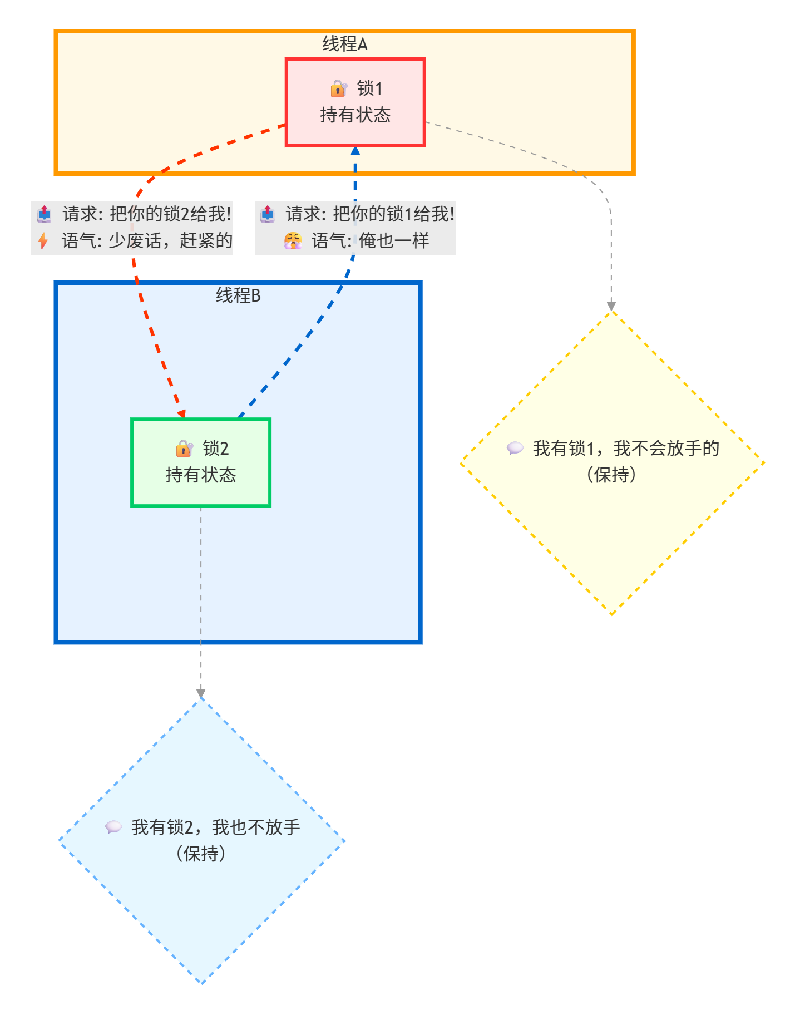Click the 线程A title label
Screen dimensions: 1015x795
[344, 44]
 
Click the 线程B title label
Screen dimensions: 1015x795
[238, 295]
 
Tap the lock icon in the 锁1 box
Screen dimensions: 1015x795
[339, 88]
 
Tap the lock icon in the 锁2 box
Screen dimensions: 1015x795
[184, 449]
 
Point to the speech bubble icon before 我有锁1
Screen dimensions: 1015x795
[515, 448]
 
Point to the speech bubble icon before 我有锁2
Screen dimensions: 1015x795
[113, 827]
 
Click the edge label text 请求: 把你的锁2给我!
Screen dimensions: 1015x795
[147, 214]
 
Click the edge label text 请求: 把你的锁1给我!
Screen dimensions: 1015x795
[370, 214]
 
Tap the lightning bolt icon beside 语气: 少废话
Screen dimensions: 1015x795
[43, 241]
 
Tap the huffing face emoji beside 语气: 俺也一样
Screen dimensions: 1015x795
[293, 241]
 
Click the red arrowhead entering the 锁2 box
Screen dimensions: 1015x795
[181, 414]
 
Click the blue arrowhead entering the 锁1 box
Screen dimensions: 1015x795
[355, 151]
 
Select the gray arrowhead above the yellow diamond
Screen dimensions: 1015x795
[611, 306]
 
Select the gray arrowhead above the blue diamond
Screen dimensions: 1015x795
[201, 693]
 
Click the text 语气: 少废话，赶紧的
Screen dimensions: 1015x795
[147, 241]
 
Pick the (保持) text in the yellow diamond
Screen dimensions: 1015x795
[611, 475]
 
